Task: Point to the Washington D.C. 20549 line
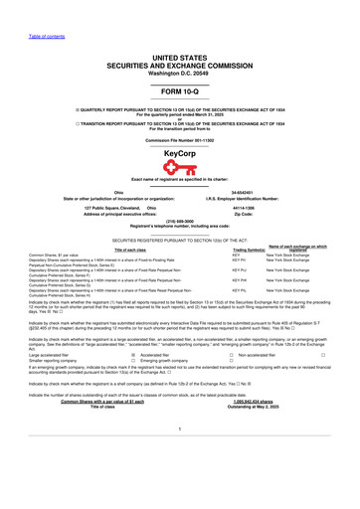coord(180,66)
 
